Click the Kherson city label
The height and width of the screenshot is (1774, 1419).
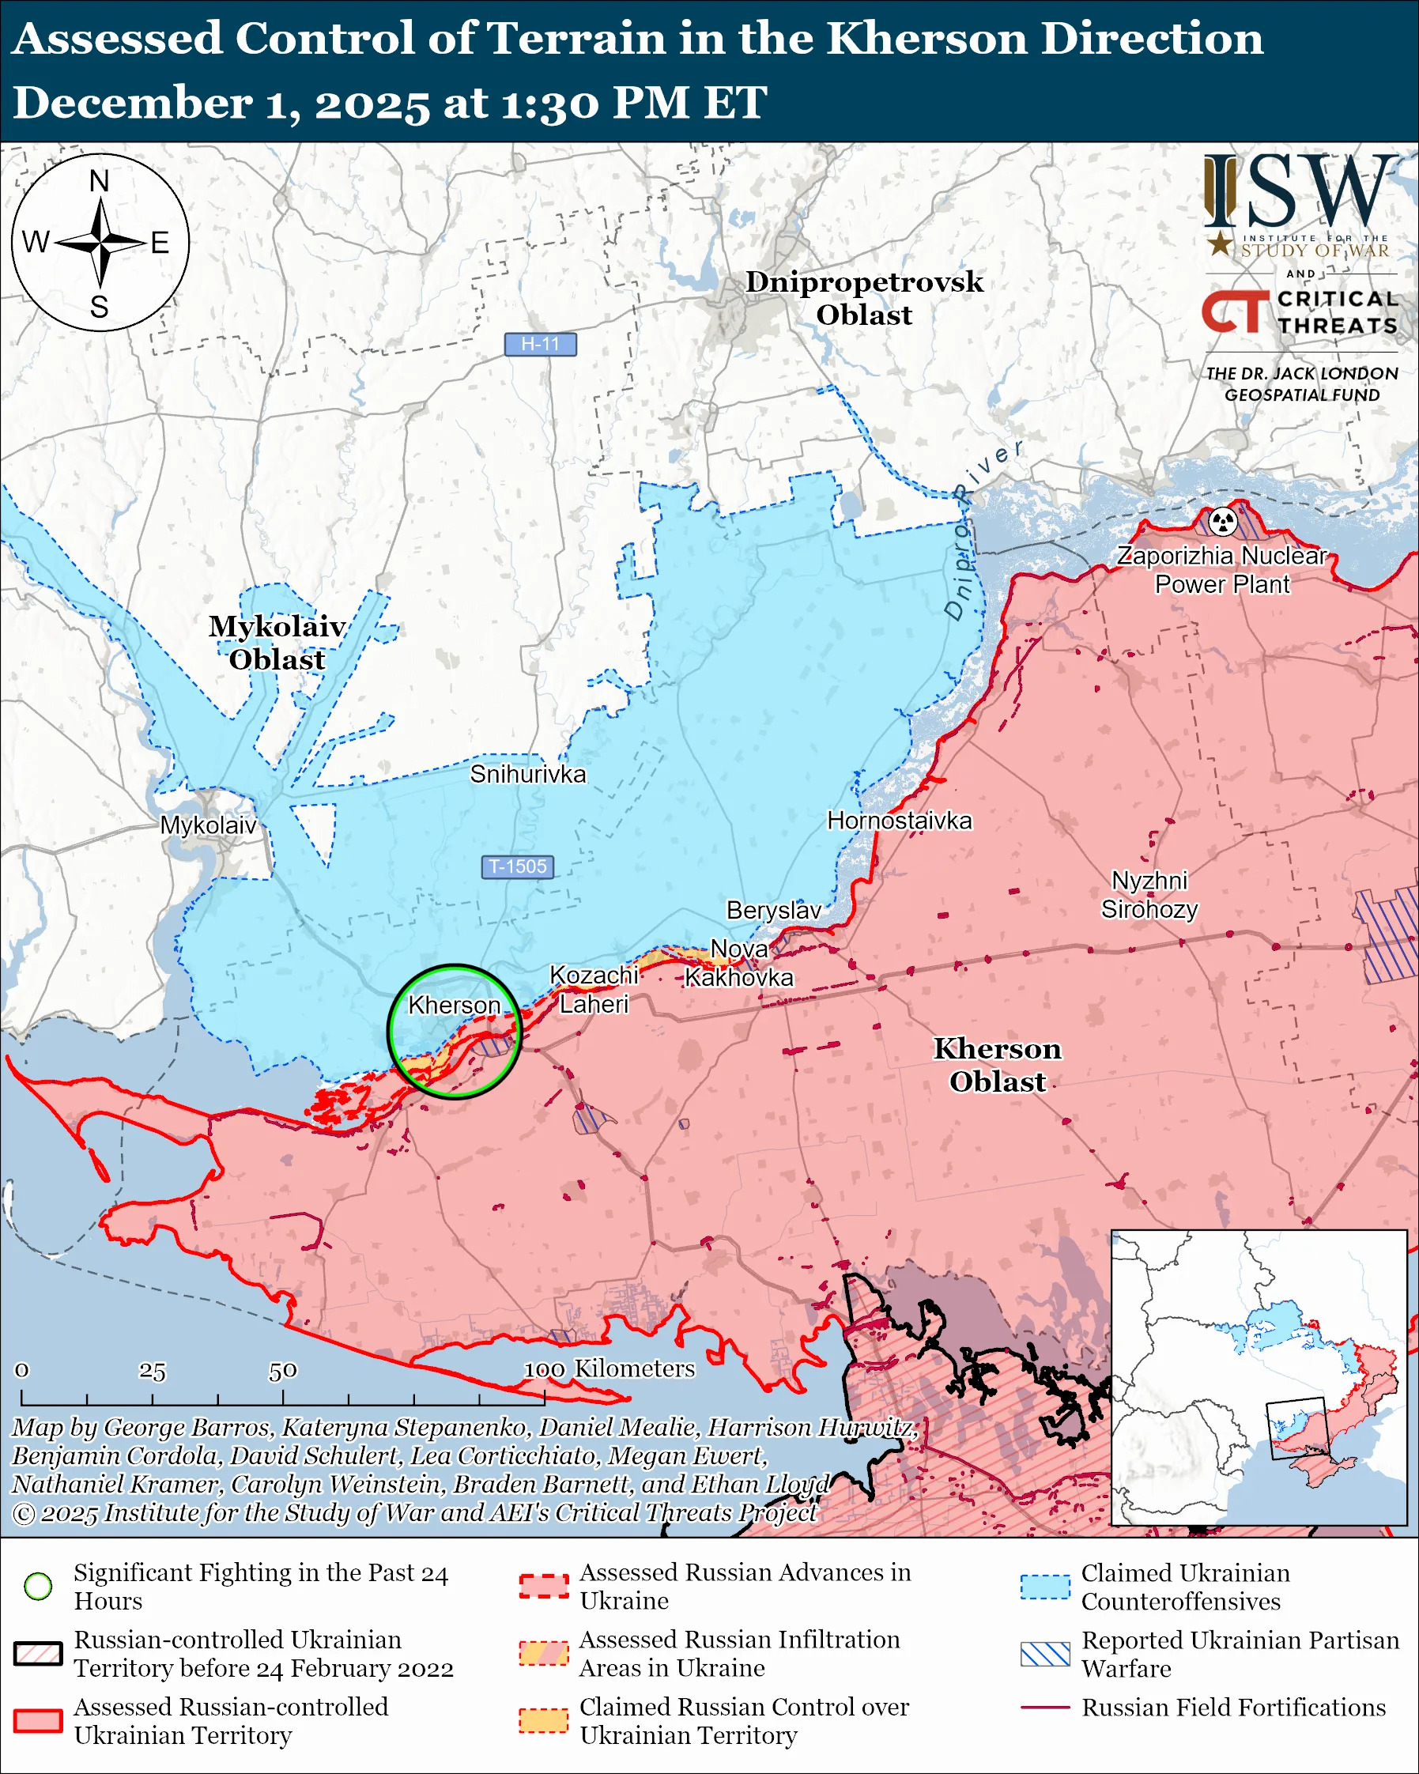(454, 1006)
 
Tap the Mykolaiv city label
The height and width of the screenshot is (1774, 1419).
(208, 825)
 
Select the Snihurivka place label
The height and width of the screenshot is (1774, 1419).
(527, 774)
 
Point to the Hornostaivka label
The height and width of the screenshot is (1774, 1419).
(899, 821)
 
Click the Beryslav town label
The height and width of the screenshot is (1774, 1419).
(773, 910)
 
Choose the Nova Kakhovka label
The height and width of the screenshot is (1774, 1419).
(738, 964)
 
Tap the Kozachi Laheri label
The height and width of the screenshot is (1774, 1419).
(593, 990)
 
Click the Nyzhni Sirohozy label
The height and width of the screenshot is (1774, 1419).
(1149, 895)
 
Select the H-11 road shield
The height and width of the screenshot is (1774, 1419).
(540, 344)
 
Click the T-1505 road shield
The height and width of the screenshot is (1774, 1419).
(518, 866)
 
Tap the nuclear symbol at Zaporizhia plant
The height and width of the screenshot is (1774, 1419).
(1223, 521)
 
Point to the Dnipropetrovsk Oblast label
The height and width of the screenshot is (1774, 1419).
(864, 298)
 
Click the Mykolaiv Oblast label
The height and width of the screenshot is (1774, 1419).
(277, 643)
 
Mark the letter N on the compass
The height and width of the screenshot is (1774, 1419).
(100, 181)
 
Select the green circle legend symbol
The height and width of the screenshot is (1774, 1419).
(39, 1586)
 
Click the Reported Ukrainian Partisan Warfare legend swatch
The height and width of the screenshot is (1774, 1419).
(1045, 1654)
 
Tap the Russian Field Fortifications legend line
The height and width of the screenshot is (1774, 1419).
(1045, 1708)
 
